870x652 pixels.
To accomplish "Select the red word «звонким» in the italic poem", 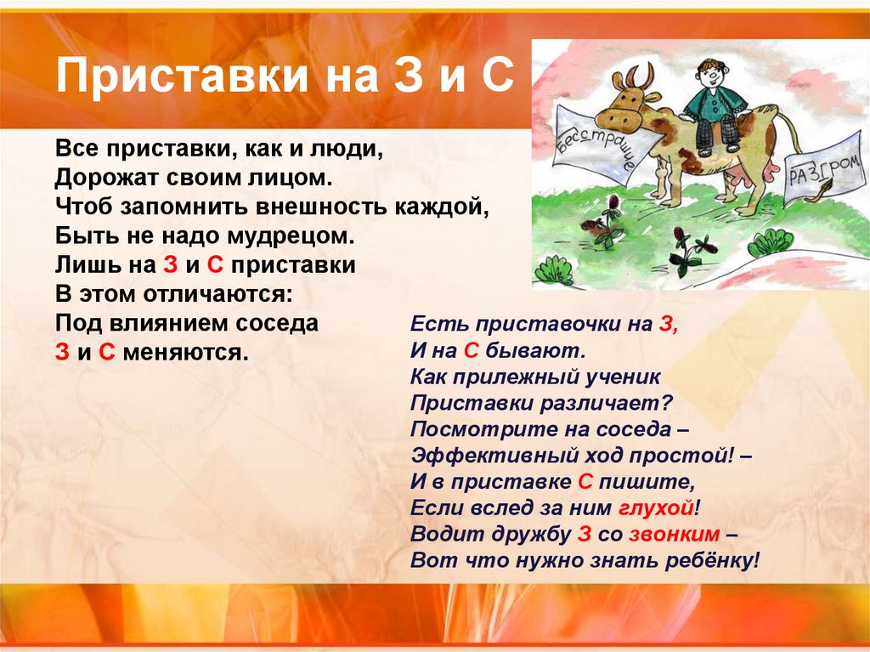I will pos(677,535).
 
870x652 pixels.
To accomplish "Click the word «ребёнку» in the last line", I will pos(712,561).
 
